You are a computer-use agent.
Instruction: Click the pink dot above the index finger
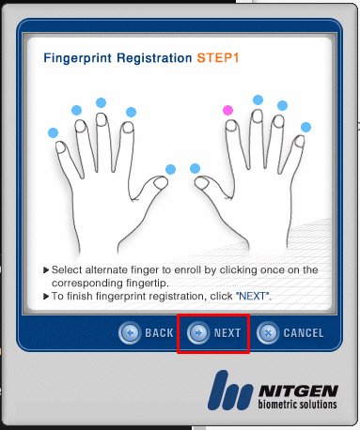(x=227, y=110)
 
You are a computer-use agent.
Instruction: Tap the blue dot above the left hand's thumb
(x=170, y=169)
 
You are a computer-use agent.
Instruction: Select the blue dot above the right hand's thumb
(x=195, y=168)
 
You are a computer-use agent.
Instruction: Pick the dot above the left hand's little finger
(x=53, y=132)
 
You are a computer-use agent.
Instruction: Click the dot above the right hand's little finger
(x=305, y=128)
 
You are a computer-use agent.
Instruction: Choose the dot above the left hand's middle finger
(x=101, y=102)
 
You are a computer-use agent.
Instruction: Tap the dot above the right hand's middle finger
(x=258, y=100)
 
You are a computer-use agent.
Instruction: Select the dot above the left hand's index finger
(x=131, y=112)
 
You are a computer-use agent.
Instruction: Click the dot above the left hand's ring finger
(x=76, y=110)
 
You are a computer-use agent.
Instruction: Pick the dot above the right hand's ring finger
(x=282, y=105)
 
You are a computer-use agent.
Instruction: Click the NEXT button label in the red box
(x=227, y=333)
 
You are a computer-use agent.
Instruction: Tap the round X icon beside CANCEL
(x=268, y=333)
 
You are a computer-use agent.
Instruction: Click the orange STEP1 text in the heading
(x=218, y=58)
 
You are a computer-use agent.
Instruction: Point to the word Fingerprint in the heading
(x=77, y=58)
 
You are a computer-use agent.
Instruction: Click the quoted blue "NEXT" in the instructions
(x=252, y=296)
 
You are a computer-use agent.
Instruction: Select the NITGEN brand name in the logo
(x=298, y=392)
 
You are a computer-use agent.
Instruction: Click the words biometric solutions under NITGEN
(x=297, y=404)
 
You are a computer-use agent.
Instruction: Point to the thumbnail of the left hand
(x=162, y=183)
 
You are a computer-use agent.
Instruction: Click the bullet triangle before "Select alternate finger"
(x=46, y=270)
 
